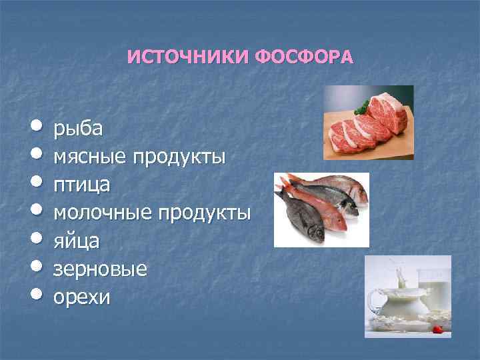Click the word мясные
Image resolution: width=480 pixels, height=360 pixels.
point(91,157)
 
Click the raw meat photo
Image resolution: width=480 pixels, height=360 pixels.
point(368,122)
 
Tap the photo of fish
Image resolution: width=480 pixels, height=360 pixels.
point(321,209)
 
